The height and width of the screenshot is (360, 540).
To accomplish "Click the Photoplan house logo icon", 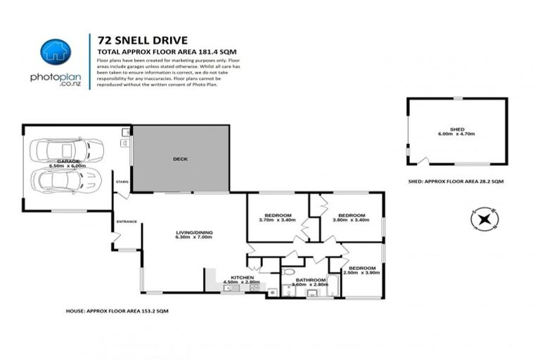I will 56,51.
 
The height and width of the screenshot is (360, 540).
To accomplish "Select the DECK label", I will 180,159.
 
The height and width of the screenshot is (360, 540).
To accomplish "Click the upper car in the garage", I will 69,149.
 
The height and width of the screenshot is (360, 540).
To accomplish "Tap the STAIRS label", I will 121,181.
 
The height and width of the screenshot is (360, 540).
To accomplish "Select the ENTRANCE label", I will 127,222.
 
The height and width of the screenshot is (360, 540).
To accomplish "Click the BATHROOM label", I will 311,280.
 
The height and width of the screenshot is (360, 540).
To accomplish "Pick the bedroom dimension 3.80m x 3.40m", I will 349,220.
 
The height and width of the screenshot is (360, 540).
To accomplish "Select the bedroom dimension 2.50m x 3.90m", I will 362,273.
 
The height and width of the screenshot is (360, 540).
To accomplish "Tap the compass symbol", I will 483,219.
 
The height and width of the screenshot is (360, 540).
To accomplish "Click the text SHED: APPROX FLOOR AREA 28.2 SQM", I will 456,181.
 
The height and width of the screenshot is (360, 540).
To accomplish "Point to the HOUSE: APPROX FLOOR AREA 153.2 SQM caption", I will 117,309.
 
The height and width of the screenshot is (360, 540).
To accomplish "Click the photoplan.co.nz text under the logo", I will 56,80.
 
